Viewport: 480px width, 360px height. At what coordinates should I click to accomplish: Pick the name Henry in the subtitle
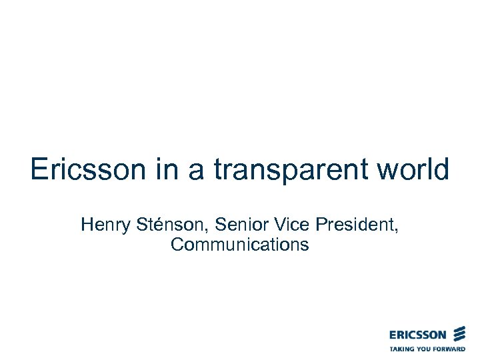point(102,225)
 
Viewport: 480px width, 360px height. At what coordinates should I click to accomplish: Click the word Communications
point(240,245)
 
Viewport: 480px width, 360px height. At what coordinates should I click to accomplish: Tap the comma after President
point(398,229)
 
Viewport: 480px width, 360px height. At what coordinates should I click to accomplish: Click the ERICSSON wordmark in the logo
point(419,335)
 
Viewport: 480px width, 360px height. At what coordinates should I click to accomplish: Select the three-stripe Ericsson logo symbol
point(459,334)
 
